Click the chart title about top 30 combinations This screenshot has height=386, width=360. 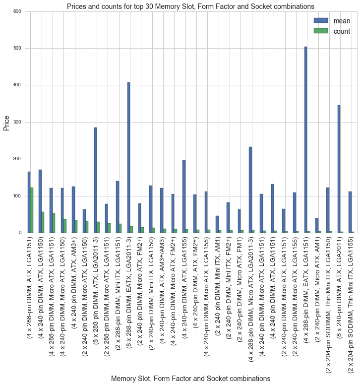(190, 6)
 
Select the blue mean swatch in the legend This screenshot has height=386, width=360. (321, 21)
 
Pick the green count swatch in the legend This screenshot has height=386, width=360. (321, 31)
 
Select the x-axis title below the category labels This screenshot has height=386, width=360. (190, 378)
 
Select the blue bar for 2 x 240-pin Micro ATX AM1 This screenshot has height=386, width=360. (317, 226)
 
